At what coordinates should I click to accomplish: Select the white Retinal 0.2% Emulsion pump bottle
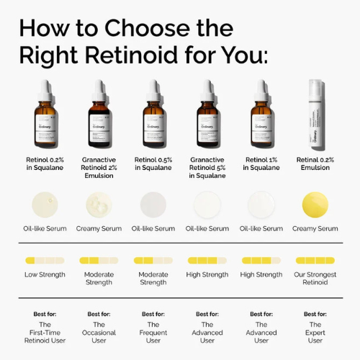tap(315, 115)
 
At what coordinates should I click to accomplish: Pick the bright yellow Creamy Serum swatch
tap(315, 204)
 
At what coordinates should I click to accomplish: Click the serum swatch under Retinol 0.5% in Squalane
tap(153, 204)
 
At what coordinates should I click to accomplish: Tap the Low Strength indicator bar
tap(44, 260)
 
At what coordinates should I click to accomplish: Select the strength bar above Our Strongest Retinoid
tap(315, 260)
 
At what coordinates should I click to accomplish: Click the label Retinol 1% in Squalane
tap(261, 163)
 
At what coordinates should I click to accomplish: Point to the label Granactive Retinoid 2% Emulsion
tap(99, 168)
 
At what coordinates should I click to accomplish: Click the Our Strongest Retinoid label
tap(315, 278)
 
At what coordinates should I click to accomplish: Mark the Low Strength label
tap(44, 274)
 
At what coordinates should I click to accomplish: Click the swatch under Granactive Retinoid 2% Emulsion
tap(99, 204)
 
